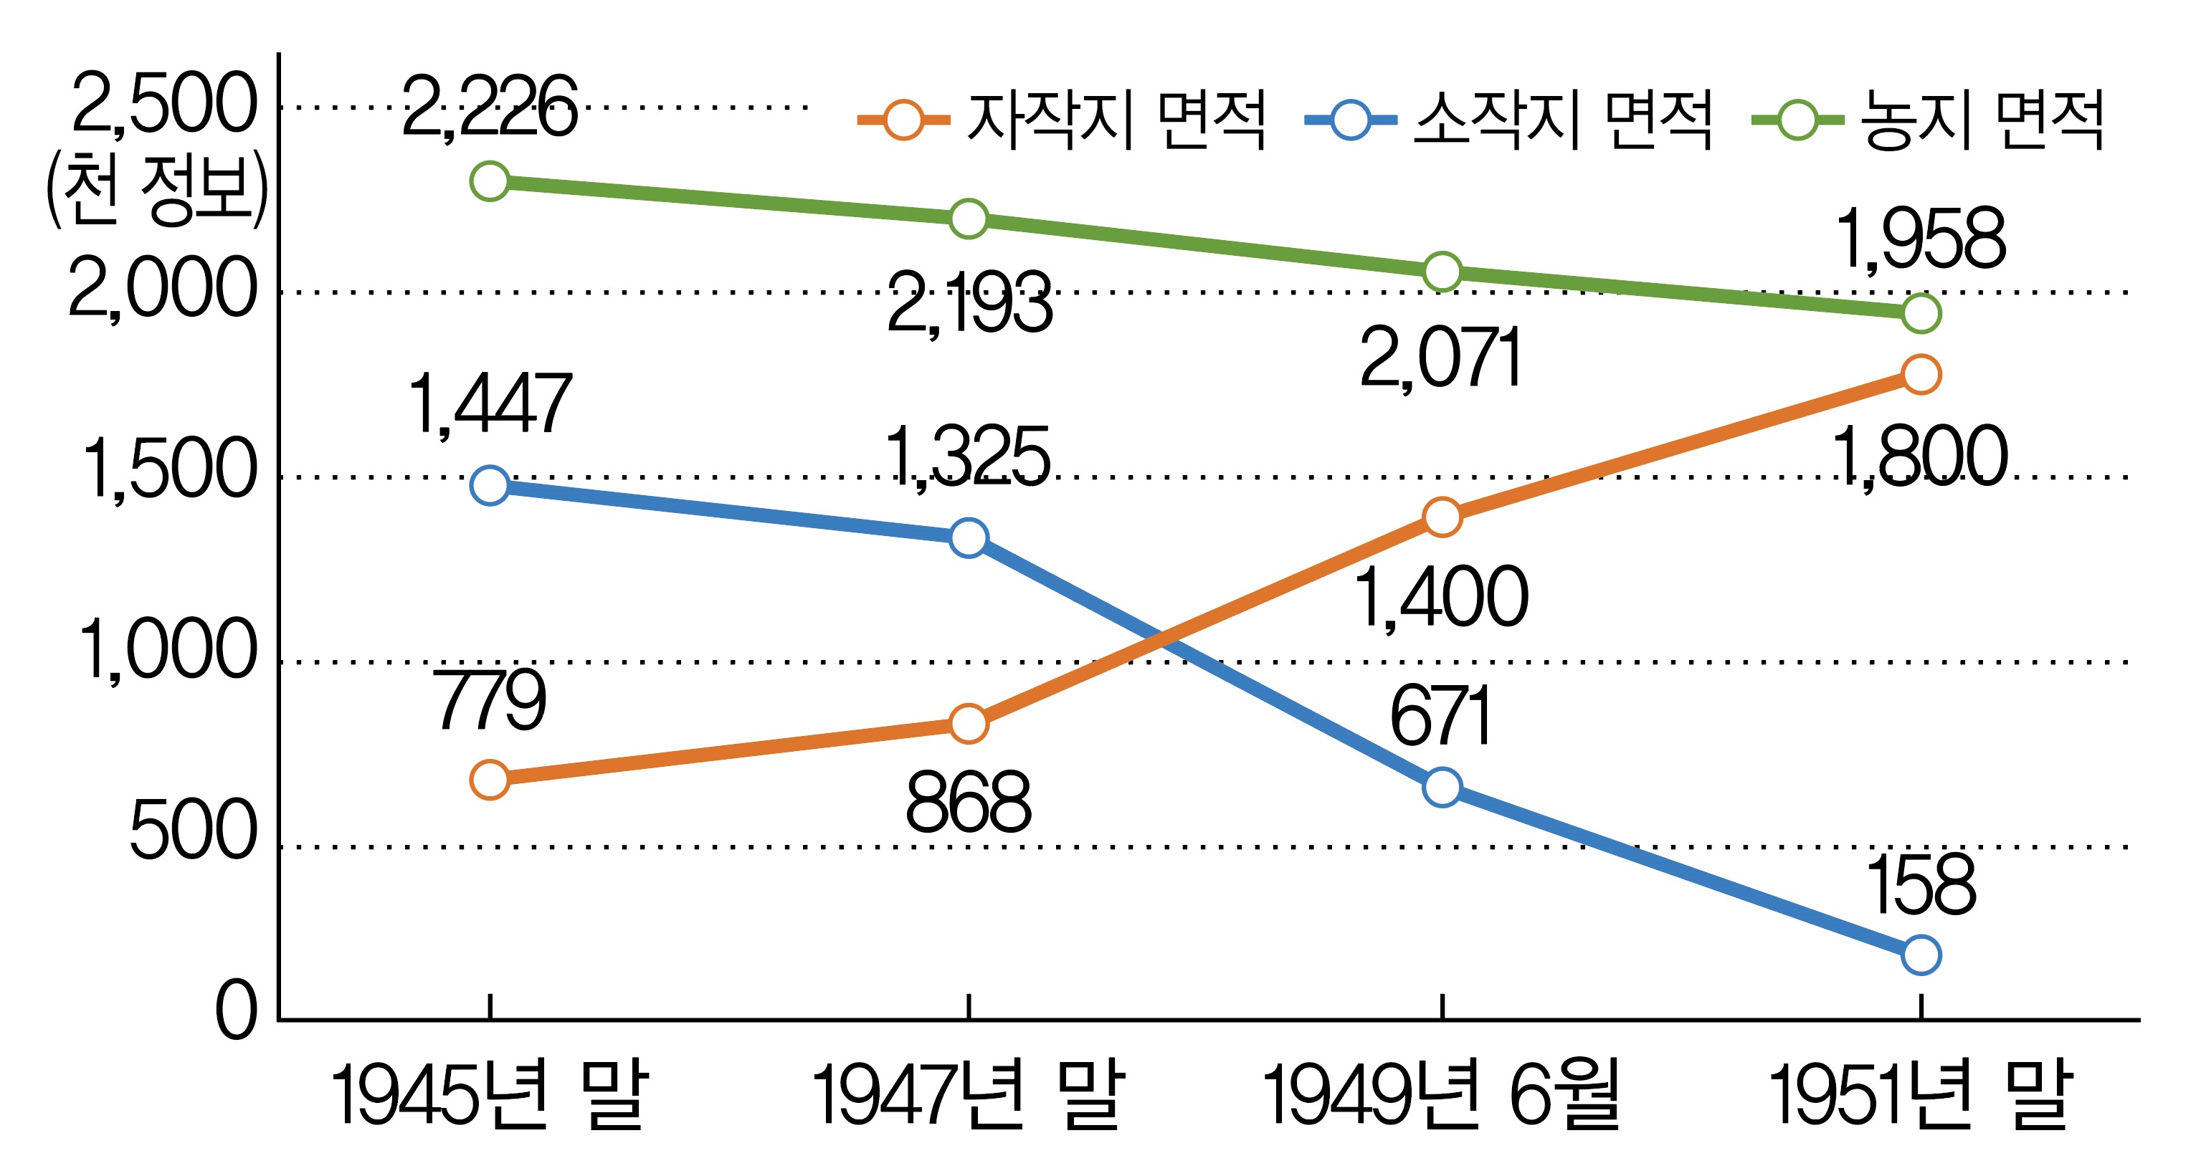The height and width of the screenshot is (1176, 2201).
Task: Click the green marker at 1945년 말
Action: [x=490, y=181]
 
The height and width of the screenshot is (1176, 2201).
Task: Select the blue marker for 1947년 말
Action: [x=968, y=537]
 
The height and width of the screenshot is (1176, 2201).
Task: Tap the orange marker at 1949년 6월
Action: [x=1442, y=517]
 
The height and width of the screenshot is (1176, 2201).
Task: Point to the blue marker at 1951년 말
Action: [x=1921, y=954]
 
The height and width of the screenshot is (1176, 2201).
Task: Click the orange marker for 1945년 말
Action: [x=490, y=779]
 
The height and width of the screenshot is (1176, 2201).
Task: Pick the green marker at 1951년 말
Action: [x=1921, y=313]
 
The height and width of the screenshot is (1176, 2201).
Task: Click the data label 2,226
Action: [x=489, y=107]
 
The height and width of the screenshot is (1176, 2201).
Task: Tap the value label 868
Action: [x=968, y=803]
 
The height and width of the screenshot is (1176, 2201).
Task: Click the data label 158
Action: [x=1921, y=885]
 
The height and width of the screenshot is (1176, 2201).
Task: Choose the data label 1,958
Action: [x=1921, y=240]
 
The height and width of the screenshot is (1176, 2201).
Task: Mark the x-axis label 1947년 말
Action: [x=967, y=1095]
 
